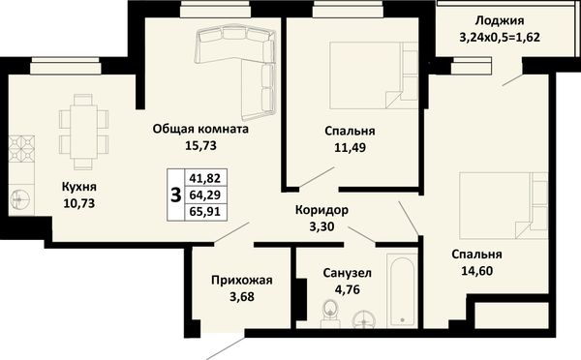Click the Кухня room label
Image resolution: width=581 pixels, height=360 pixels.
coord(79,187)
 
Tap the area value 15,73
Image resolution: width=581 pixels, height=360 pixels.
coord(200,145)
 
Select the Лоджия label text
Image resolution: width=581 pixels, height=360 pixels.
coord(500,20)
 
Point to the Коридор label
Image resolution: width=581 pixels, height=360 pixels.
coord(321,210)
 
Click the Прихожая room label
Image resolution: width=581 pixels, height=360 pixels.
coord(241,281)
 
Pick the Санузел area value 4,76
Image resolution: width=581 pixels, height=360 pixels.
coord(348,289)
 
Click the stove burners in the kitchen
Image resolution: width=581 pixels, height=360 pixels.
coord(21,148)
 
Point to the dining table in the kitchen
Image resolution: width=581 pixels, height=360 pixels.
coord(83,133)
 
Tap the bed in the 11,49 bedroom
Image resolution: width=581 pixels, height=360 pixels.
coord(374,75)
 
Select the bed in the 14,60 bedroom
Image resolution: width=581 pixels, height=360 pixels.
coord(504,205)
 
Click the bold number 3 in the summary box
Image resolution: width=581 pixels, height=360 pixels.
coord(175,195)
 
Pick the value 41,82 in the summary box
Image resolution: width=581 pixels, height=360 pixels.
coord(205,178)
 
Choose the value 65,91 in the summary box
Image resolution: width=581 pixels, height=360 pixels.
coord(205,212)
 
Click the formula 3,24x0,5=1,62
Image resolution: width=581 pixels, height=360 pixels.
coord(500,38)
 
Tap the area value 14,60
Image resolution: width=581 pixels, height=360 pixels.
coord(476,271)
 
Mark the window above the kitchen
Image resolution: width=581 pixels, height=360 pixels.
coord(66,66)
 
